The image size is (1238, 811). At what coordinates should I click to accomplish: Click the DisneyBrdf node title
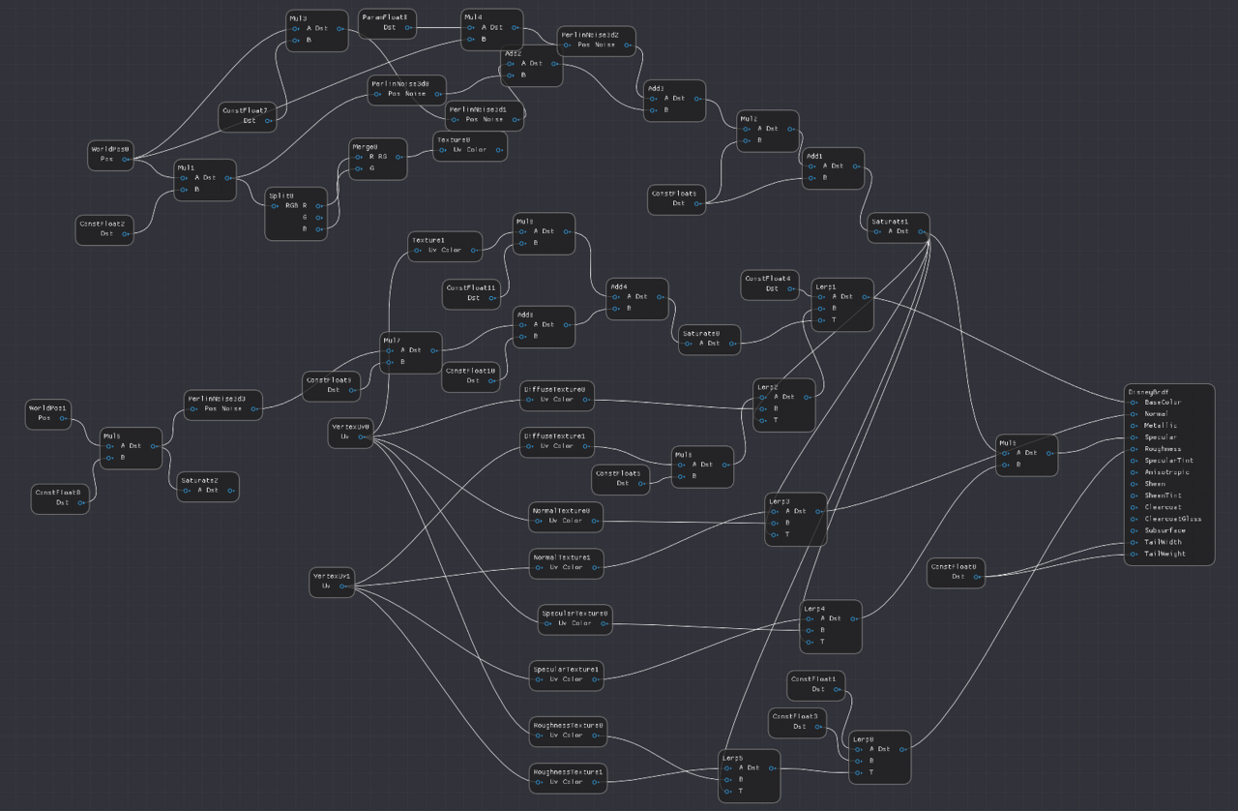pos(1148,392)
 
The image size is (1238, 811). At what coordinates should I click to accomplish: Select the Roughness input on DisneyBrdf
pos(1163,449)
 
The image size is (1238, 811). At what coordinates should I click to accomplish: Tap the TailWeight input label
pos(1164,554)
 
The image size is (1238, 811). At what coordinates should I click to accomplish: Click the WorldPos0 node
pos(111,155)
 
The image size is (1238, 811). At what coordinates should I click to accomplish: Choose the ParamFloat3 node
pos(387,22)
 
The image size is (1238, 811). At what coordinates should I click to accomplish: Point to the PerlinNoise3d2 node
pos(596,40)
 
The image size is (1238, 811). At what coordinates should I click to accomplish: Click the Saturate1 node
pos(898,226)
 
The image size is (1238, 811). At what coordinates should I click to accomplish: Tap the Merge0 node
pos(377,158)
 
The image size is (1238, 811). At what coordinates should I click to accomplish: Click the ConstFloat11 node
pos(471,293)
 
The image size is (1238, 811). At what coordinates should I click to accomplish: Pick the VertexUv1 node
pos(332,581)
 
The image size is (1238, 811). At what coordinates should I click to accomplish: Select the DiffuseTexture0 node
pos(557,394)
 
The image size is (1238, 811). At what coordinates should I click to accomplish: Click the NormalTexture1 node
pos(566,562)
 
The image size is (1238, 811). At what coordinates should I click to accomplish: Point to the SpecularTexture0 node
pos(575,618)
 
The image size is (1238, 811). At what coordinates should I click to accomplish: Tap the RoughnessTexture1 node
pos(568,777)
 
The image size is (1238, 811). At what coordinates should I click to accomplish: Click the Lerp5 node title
pos(732,757)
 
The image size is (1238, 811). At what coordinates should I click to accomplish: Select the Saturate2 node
pos(207,485)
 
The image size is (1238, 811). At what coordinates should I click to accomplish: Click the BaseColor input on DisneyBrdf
pos(1162,403)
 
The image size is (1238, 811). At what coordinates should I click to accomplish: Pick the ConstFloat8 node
pos(60,497)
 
